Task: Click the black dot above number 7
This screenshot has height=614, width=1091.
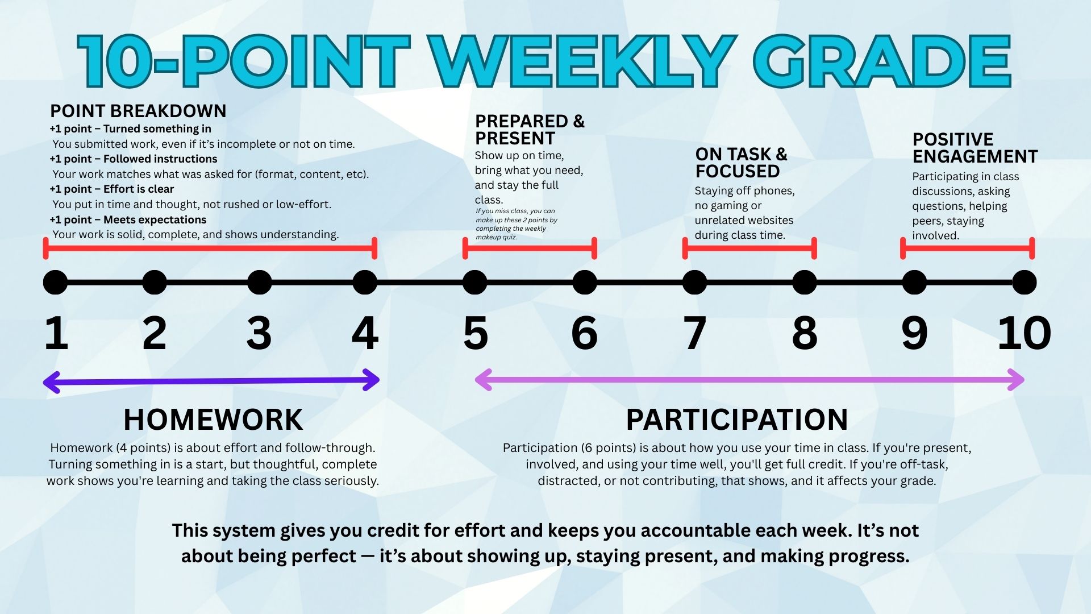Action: tap(694, 283)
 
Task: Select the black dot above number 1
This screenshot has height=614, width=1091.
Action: tap(55, 283)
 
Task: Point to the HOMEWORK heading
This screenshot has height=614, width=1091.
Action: tap(213, 420)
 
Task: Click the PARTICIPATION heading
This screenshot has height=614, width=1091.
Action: tap(736, 420)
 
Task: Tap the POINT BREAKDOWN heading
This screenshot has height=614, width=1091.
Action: tap(138, 111)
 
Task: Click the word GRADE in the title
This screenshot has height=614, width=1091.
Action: tap(882, 61)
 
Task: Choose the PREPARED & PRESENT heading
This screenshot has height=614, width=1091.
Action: tap(529, 130)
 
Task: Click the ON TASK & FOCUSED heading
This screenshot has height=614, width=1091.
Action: tap(741, 163)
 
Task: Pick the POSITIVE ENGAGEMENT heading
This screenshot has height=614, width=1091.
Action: tap(975, 148)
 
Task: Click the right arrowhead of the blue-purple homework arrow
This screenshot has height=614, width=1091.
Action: tap(372, 380)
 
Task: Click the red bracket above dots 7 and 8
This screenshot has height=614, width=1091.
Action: tap(749, 248)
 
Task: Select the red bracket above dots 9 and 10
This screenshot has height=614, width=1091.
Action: tap(967, 248)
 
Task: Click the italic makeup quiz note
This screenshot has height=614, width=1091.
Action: tap(516, 224)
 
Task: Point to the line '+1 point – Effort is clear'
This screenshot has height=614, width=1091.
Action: tap(112, 189)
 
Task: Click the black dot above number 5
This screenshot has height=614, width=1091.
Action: tap(474, 283)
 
